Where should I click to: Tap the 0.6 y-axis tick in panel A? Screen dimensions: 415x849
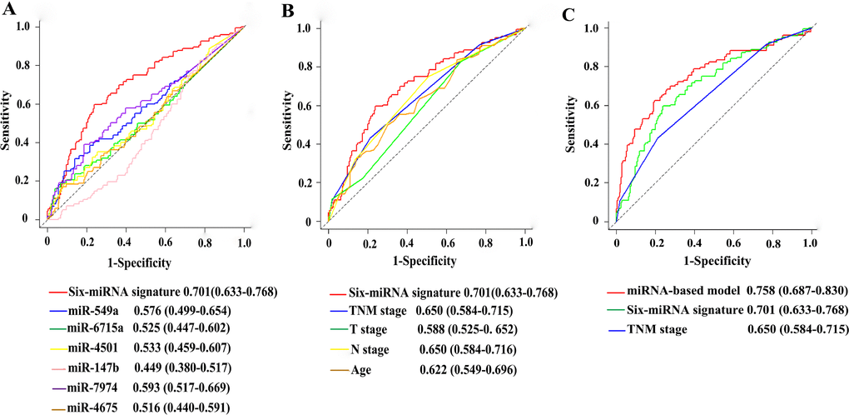pyautogui.click(x=29, y=103)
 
